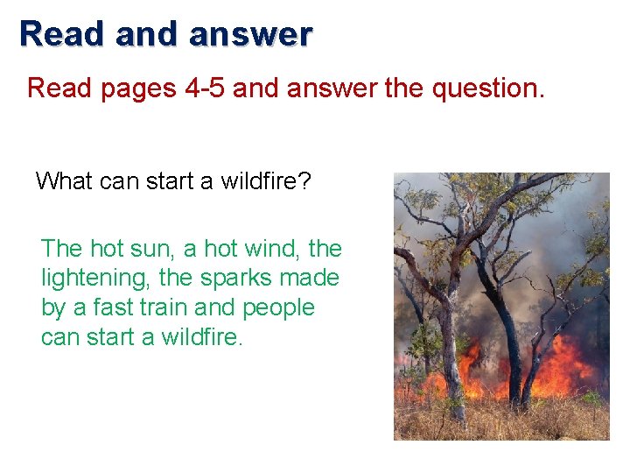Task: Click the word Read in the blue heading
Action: click(x=61, y=34)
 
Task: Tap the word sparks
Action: click(x=234, y=279)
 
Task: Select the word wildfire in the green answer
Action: click(x=200, y=337)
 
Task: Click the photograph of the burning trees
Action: click(x=501, y=306)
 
